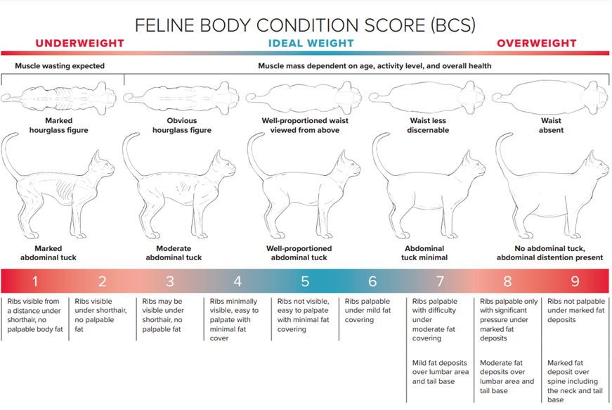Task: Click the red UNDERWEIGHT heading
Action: coord(79,44)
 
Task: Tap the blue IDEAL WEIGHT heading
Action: coord(311,44)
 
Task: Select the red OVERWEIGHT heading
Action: coord(537,44)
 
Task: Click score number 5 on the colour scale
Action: coord(305,281)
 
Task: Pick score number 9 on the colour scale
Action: coord(575,281)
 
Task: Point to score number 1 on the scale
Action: coord(35,281)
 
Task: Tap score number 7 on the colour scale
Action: coord(440,281)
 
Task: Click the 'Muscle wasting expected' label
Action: coord(60,66)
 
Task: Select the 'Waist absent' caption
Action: coord(551,125)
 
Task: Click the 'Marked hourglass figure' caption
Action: coord(58,125)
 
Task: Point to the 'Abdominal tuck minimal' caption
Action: coord(424,253)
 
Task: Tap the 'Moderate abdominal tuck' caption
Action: coord(174,253)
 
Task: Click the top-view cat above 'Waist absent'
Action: coord(550,97)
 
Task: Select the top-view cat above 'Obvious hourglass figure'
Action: coord(181,97)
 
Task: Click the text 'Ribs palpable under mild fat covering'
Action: coord(367,310)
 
